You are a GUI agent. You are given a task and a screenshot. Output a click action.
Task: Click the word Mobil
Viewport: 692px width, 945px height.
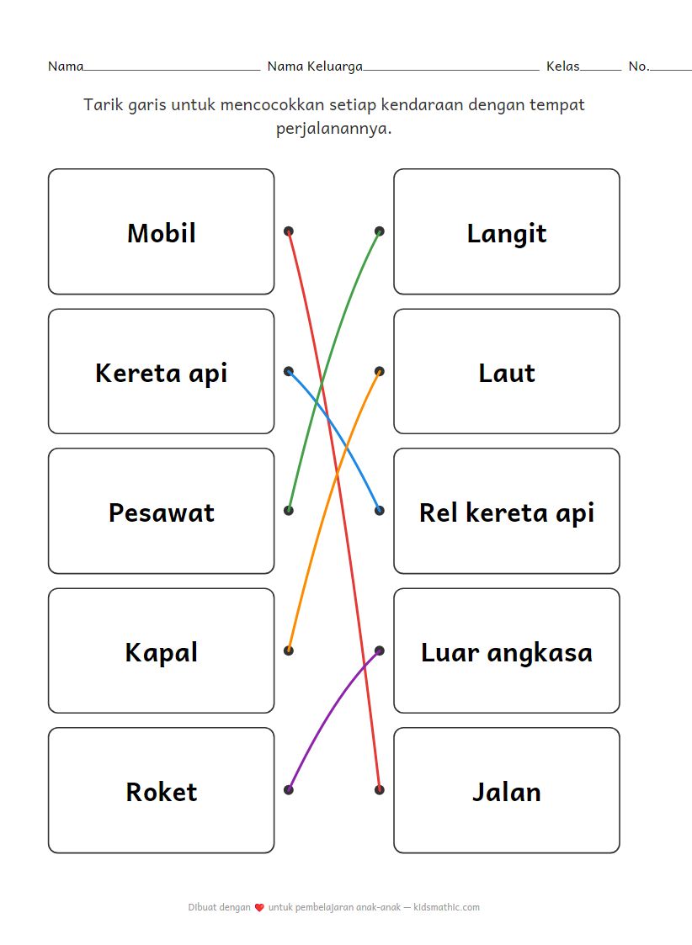pos(161,233)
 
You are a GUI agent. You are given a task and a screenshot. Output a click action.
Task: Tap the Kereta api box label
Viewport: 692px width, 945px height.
pos(161,373)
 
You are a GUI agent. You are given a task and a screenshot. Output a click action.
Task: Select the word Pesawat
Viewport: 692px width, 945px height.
pos(161,512)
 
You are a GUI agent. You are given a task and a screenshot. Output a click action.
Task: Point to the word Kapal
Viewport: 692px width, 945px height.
pos(161,652)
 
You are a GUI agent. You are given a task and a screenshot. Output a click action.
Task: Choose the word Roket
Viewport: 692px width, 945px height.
pos(161,792)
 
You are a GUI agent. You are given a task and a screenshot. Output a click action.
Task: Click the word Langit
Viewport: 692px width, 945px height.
pos(507,233)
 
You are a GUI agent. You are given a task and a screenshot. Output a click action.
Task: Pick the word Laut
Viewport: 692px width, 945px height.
pos(507,373)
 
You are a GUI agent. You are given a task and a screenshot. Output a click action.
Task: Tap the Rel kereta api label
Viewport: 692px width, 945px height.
pos(507,512)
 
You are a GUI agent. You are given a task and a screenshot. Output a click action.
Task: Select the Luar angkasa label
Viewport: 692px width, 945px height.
pos(507,652)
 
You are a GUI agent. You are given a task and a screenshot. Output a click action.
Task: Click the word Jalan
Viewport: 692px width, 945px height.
pos(507,792)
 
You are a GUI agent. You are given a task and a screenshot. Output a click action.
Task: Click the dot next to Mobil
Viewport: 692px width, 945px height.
pos(289,231)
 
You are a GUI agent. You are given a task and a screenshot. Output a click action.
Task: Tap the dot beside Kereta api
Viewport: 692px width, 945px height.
pos(289,370)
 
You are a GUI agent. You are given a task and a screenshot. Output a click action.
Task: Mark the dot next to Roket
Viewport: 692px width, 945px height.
pos(289,789)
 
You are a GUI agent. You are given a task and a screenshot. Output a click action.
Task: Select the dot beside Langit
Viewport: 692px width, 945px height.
pos(380,231)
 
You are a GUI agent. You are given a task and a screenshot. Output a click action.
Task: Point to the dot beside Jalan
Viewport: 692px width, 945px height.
pos(380,789)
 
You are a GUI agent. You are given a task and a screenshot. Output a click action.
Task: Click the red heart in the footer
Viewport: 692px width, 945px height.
pos(259,908)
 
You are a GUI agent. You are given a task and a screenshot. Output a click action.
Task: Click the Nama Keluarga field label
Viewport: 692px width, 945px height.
pos(315,66)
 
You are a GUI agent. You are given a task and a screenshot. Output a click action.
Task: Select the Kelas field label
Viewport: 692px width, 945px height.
pos(562,66)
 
